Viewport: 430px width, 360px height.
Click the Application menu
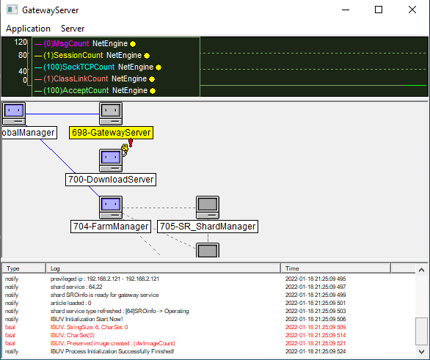click(x=28, y=29)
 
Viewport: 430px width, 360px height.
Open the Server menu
click(x=73, y=29)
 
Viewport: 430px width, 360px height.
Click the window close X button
click(x=412, y=10)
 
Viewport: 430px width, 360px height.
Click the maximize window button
click(x=379, y=10)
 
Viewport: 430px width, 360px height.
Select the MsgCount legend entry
click(x=85, y=43)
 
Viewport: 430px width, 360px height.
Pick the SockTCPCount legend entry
click(x=98, y=67)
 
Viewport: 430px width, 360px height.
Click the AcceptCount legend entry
click(x=95, y=90)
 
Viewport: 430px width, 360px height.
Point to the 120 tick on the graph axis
click(x=21, y=42)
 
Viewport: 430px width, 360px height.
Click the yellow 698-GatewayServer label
click(x=111, y=133)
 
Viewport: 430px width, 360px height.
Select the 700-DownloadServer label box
click(x=111, y=180)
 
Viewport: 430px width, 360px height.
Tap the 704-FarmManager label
click(x=111, y=227)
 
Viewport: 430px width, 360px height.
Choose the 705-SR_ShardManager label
click(x=208, y=227)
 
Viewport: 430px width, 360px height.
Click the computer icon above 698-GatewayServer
click(x=111, y=114)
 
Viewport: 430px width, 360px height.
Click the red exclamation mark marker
click(x=131, y=143)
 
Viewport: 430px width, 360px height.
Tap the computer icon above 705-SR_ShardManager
click(x=208, y=207)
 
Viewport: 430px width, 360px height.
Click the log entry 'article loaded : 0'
click(x=70, y=303)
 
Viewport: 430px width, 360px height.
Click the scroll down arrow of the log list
click(x=421, y=351)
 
